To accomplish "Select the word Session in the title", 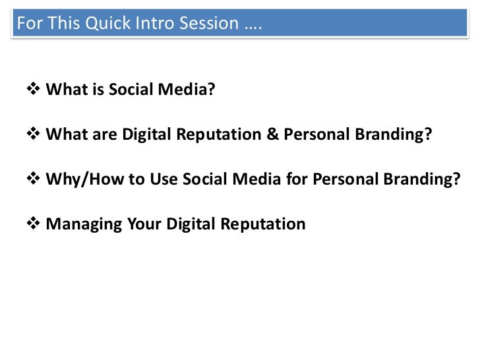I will coord(206,24).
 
